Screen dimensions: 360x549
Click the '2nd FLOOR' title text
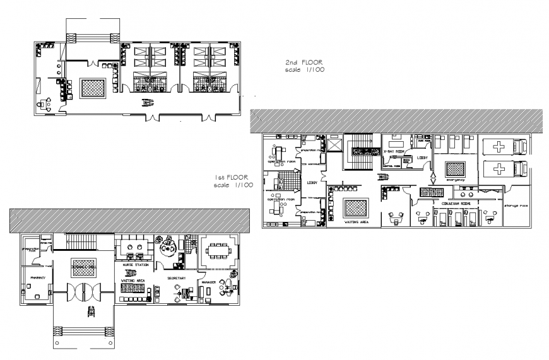click(x=304, y=63)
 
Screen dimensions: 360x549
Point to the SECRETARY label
click(x=176, y=277)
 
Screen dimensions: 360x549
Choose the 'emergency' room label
click(x=455, y=180)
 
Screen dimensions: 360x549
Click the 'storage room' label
click(x=515, y=205)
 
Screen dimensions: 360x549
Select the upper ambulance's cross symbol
click(x=499, y=147)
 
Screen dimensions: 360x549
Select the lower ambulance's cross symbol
click(x=499, y=170)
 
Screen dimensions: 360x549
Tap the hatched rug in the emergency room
click(x=455, y=169)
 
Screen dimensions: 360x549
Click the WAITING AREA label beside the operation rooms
click(x=355, y=222)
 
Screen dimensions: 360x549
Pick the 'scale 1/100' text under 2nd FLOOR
click(x=304, y=71)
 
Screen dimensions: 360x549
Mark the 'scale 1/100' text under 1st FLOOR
click(x=233, y=185)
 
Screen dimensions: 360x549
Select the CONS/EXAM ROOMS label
click(x=456, y=204)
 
